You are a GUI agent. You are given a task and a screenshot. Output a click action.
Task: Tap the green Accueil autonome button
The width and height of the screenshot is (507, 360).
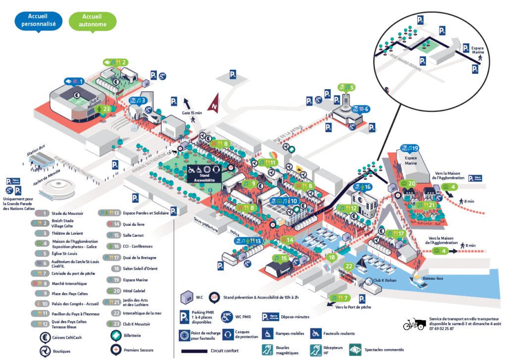(93, 20)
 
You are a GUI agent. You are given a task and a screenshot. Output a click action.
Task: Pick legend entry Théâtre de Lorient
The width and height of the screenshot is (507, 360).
(68, 233)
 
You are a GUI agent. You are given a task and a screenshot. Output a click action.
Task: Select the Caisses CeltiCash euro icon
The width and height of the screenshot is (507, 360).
(45, 337)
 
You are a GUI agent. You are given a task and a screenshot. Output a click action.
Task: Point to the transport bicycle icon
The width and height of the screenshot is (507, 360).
(414, 324)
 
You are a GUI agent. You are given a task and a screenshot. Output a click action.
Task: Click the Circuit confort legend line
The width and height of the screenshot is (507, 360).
(201, 351)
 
